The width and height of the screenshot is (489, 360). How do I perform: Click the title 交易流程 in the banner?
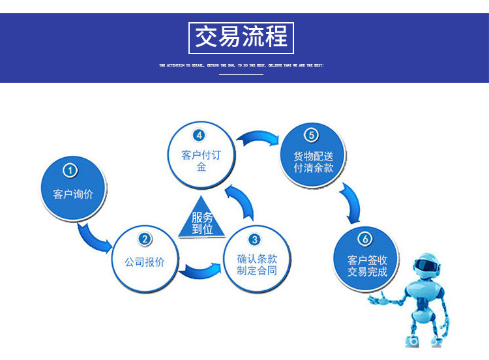(x=241, y=37)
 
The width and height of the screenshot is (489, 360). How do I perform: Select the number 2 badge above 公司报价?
(x=145, y=239)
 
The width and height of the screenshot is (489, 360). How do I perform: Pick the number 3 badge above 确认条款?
(x=255, y=239)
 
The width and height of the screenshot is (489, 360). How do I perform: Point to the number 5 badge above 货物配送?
(x=312, y=136)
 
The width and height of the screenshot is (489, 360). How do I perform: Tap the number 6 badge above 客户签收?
(x=366, y=238)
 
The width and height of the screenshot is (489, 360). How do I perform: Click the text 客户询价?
(x=73, y=194)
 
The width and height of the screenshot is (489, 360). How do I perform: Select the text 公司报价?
(x=145, y=262)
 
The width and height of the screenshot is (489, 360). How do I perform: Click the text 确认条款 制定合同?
(x=256, y=264)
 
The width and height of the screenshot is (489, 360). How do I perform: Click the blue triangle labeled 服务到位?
(x=202, y=220)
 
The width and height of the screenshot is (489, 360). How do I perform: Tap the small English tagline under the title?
(x=241, y=65)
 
